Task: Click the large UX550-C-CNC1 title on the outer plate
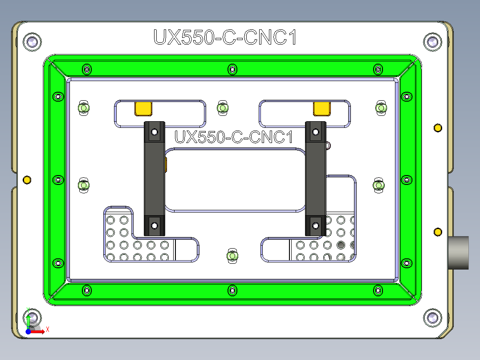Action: click(225, 37)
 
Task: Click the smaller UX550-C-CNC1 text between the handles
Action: click(234, 137)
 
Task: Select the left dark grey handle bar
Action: click(154, 178)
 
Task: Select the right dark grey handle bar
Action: click(315, 178)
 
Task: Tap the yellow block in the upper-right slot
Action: click(322, 108)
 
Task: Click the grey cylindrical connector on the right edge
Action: click(458, 253)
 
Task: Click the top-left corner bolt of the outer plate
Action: click(32, 42)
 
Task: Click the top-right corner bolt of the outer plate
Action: click(431, 42)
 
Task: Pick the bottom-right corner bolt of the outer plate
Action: click(431, 318)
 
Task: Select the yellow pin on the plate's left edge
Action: click(27, 180)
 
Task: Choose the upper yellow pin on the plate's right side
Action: click(438, 128)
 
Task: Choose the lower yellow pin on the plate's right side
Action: click(438, 232)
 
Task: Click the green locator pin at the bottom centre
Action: click(232, 256)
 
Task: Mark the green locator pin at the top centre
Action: click(222, 108)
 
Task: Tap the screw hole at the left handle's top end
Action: click(154, 132)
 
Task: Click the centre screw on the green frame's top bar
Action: click(232, 69)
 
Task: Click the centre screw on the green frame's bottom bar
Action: click(232, 290)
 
